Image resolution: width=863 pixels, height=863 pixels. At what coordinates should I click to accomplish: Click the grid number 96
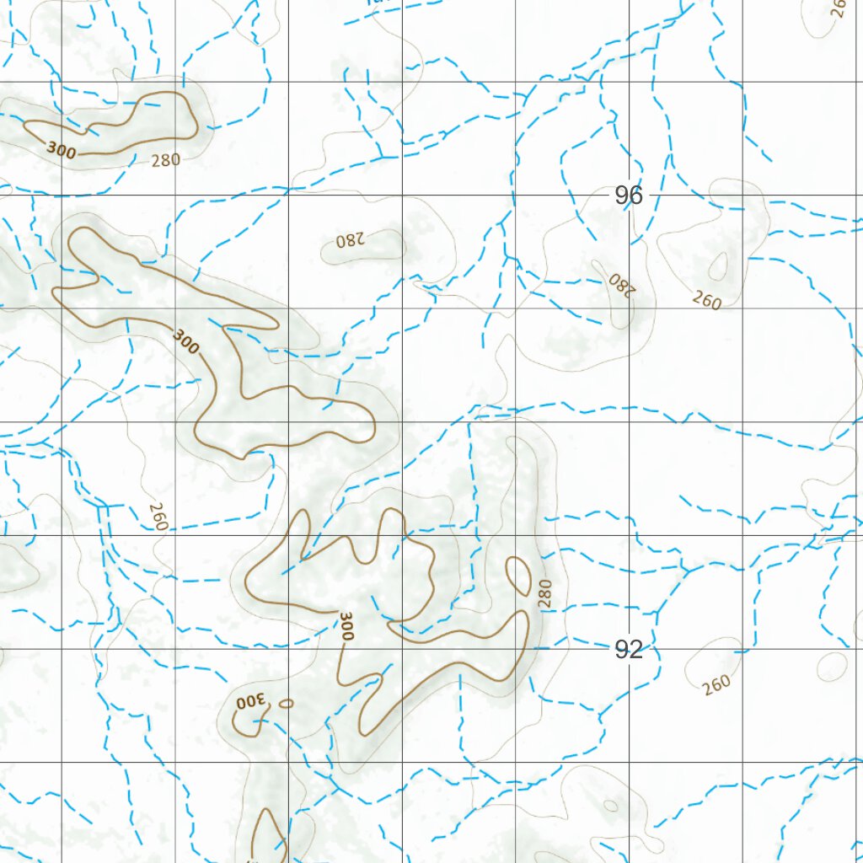tap(629, 196)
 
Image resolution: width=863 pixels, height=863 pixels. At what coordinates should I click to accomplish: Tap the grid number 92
tap(629, 649)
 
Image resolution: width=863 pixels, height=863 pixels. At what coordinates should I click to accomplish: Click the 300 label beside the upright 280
tap(62, 150)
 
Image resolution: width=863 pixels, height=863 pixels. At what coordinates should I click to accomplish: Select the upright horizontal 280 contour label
tap(165, 159)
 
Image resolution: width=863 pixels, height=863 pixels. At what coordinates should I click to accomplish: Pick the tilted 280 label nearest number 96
tap(620, 284)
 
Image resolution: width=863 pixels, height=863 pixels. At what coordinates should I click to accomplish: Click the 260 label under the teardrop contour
tap(706, 299)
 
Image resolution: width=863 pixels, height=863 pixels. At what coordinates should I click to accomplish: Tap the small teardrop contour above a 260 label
tap(718, 266)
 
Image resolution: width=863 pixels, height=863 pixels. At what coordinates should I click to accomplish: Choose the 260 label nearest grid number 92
tap(716, 683)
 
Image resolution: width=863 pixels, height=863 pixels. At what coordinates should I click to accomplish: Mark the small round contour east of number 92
tap(832, 666)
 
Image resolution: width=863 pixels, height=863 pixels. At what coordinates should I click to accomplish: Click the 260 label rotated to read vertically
tap(158, 516)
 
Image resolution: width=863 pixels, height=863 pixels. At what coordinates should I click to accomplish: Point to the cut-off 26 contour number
tap(838, 8)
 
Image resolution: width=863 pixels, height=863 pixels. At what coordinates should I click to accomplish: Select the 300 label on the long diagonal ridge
tap(186, 340)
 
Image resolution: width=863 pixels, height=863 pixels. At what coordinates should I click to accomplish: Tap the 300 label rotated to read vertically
tap(346, 627)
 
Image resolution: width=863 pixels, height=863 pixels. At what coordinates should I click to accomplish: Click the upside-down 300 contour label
tap(250, 701)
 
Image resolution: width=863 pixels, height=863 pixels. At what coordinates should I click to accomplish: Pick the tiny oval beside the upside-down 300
tap(287, 703)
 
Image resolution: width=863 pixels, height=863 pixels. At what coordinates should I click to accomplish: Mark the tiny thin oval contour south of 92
tap(610, 806)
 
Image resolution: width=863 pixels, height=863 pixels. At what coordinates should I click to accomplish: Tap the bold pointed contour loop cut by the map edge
tap(268, 834)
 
